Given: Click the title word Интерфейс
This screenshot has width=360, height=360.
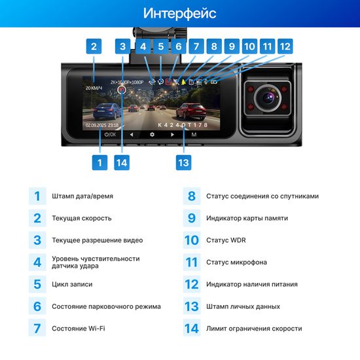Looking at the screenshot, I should click(x=179, y=13).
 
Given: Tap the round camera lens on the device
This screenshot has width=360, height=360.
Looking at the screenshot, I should click(x=267, y=98).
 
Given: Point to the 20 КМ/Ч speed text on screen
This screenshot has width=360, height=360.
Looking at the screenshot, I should click(x=94, y=86).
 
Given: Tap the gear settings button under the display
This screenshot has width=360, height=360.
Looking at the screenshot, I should click(x=152, y=134).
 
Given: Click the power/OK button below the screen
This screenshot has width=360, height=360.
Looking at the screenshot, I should click(x=110, y=134).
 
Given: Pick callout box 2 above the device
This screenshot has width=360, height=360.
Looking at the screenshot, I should click(x=94, y=46).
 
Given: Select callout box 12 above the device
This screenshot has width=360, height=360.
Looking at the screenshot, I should click(x=284, y=46).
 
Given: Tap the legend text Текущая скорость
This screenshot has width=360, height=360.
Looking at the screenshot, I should click(x=82, y=218).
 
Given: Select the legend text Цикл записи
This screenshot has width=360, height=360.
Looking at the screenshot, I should click(x=72, y=284).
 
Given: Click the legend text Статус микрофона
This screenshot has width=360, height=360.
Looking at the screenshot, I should click(x=236, y=262).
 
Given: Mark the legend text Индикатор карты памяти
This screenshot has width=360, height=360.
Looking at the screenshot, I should click(x=246, y=218).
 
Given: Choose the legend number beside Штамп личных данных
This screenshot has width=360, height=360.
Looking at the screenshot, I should click(x=191, y=306).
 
